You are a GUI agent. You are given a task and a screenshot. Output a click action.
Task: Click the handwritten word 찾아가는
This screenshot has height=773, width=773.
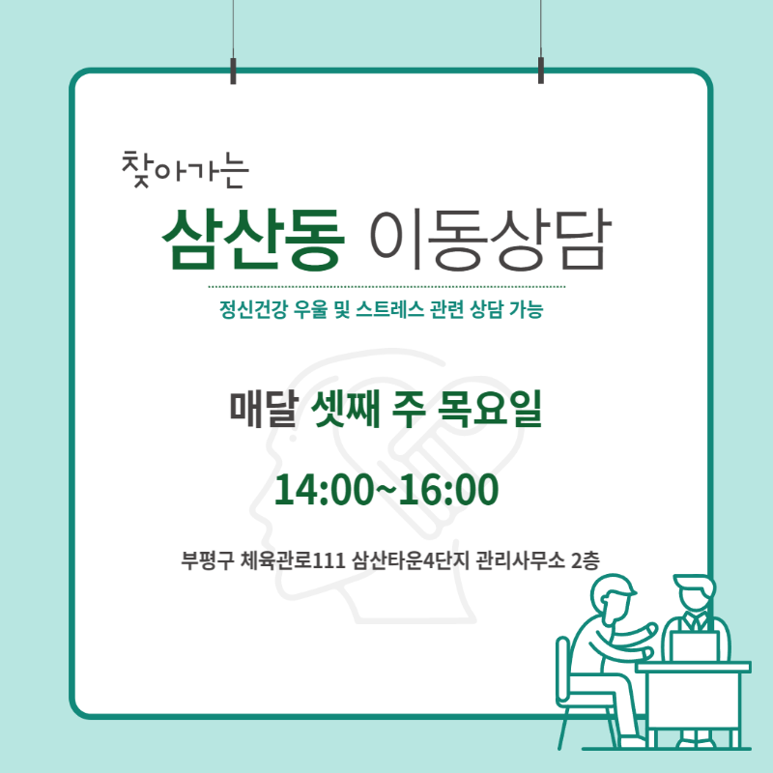(185, 170)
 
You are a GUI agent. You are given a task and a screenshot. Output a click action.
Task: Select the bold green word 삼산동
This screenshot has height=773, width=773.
(253, 240)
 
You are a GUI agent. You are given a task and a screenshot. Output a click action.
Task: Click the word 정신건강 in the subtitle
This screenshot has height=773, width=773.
(253, 309)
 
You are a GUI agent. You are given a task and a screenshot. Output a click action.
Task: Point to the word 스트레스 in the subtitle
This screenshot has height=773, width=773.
(389, 309)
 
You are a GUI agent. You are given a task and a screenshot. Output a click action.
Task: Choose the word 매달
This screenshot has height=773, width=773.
(264, 409)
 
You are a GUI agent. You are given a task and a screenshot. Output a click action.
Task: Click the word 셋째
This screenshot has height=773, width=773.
(346, 409)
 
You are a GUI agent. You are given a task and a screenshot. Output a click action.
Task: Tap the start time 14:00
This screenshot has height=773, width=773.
(323, 490)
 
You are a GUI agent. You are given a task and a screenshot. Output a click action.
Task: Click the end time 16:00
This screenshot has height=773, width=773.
(448, 490)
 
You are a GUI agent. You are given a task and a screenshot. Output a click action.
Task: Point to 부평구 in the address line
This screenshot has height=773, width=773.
(207, 560)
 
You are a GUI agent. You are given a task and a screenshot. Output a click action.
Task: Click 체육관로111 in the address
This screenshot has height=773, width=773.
(293, 560)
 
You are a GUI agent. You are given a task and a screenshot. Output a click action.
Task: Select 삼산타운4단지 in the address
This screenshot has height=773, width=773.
(411, 560)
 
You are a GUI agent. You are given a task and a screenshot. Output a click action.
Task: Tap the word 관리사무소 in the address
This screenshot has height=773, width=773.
(520, 560)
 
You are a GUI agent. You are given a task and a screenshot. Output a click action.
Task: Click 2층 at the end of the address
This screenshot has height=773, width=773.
(586, 560)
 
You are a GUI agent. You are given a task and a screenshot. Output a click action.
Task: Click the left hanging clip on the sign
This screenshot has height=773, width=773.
(233, 71)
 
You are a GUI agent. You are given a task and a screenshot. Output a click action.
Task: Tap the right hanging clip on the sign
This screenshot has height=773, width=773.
(541, 71)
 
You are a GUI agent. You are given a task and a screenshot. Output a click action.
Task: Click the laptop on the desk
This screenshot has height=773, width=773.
(694, 646)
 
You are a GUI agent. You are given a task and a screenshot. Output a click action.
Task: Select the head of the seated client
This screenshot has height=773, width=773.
(612, 595)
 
